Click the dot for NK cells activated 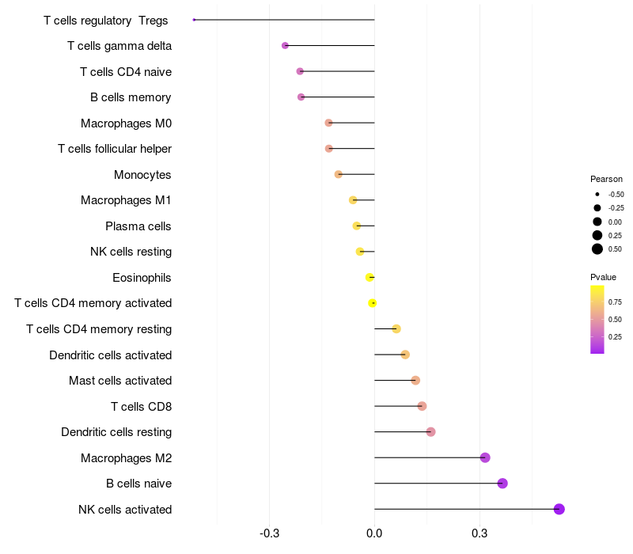(559, 509)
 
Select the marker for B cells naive (502, 484)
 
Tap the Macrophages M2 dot (485, 457)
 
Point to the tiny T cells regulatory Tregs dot (194, 20)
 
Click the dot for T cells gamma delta (285, 46)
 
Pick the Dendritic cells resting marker (430, 432)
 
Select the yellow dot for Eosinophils (370, 277)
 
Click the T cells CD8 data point (422, 406)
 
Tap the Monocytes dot (339, 174)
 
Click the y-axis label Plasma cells (138, 226)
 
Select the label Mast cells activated (120, 381)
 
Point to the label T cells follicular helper (115, 149)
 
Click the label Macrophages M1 (126, 200)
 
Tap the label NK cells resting (131, 252)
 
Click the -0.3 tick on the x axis (269, 533)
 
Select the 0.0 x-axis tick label (374, 533)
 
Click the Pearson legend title (606, 179)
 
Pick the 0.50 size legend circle (597, 249)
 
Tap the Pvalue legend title (603, 277)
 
